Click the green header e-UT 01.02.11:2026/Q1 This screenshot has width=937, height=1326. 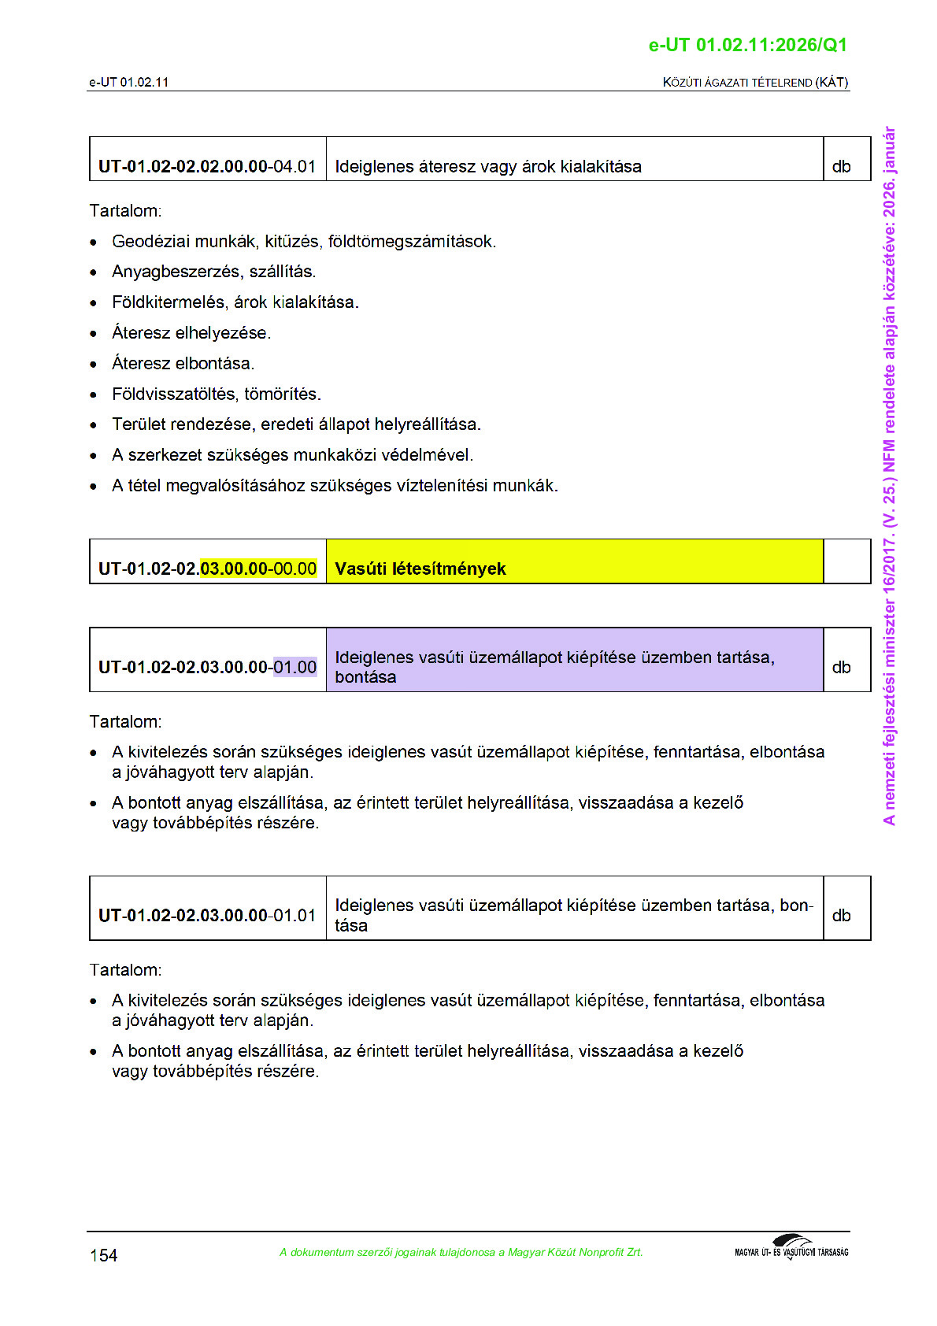coord(747,45)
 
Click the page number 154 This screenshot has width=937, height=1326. coord(103,1255)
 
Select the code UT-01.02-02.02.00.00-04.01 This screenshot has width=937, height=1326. coord(207,167)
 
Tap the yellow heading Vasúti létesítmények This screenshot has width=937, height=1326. coord(420,569)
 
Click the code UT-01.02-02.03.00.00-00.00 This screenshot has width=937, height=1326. coord(207,569)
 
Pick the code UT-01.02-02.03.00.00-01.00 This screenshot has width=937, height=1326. coord(207,667)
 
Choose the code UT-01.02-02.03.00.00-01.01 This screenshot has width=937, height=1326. coord(207,915)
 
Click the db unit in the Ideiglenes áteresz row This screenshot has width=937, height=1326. coord(841,167)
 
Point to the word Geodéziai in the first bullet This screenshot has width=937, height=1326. coord(150,242)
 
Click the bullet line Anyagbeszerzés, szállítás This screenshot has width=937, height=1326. coord(213,272)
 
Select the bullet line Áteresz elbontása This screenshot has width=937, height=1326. coord(183,364)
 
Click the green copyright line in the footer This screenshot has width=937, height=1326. coord(461,1252)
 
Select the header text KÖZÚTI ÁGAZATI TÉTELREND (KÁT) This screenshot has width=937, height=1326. coord(755,82)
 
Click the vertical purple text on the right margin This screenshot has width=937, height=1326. coord(889,476)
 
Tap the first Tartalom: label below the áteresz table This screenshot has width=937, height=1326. coord(125,211)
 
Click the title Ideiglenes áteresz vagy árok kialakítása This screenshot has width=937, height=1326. coord(488,167)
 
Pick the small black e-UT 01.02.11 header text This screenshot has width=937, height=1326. coord(128,82)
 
